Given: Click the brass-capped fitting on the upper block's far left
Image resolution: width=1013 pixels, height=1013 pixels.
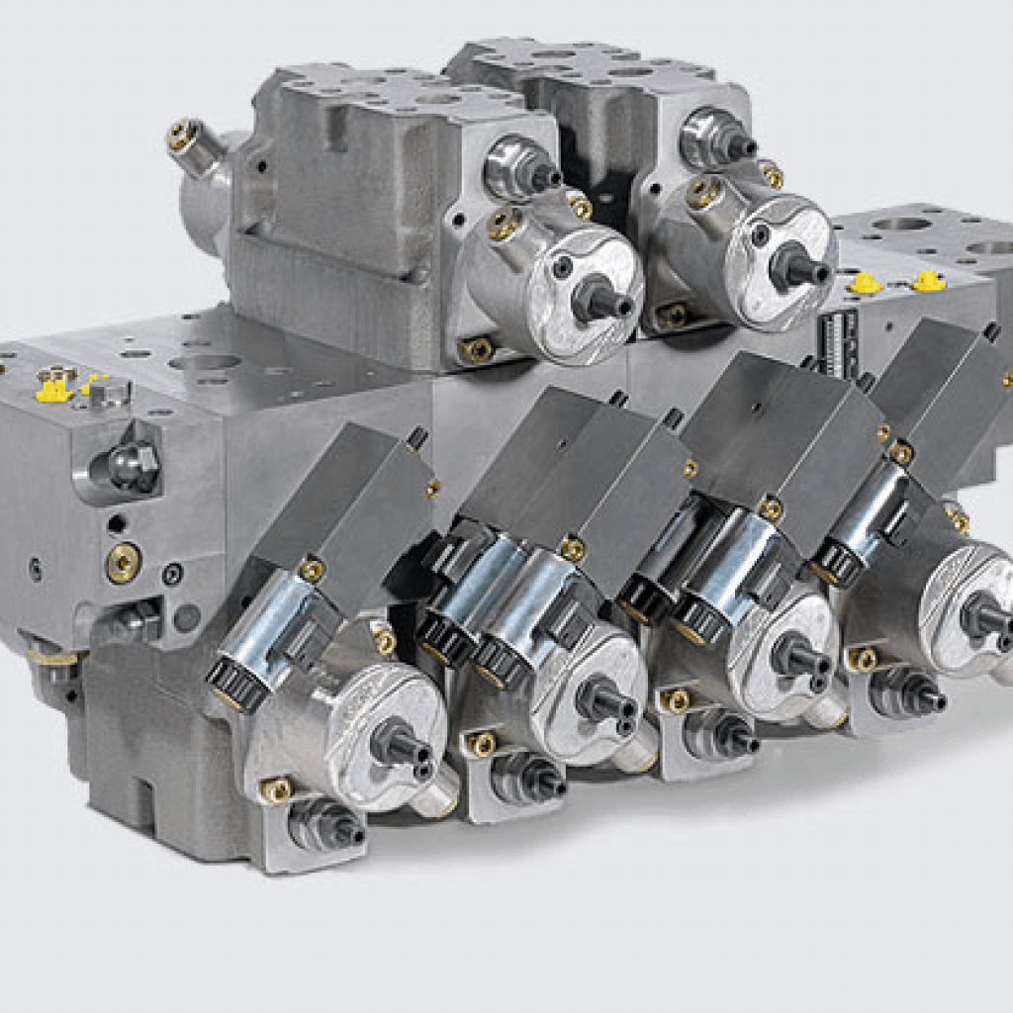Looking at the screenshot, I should click(184, 136).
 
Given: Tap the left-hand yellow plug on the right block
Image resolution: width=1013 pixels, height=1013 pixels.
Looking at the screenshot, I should click(866, 284).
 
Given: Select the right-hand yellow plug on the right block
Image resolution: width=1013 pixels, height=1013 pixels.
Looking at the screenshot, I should click(927, 282).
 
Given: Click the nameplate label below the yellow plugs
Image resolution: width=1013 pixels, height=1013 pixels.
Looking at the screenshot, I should click(839, 342).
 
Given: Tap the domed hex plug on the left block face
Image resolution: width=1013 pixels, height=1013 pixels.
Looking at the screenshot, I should click(134, 465).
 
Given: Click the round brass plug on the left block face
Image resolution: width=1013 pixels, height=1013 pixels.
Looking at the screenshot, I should click(124, 562).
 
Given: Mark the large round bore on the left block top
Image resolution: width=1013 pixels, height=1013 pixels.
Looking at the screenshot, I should click(204, 362).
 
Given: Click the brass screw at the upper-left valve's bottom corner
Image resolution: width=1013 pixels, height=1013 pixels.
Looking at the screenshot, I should click(478, 348).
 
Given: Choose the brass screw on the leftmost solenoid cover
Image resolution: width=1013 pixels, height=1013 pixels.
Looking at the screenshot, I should click(312, 569).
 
